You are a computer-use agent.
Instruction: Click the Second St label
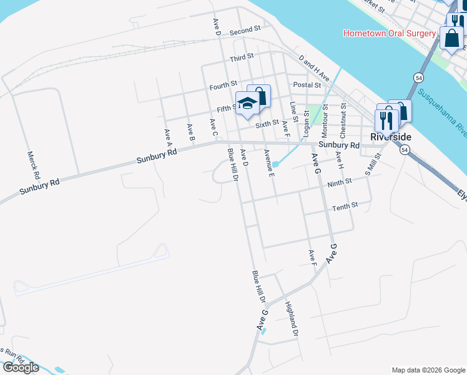(244, 30)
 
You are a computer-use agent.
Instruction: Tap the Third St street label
(242, 58)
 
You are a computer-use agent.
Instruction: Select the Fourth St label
(224, 84)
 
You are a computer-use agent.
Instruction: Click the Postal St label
(307, 85)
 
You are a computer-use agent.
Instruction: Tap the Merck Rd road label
(33, 164)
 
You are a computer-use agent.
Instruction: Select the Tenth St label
(345, 206)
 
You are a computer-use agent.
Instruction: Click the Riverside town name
(391, 136)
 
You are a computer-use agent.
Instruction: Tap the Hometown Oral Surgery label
(388, 33)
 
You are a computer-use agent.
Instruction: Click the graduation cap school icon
(247, 103)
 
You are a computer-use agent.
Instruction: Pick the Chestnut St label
(343, 122)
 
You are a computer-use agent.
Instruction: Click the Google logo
(20, 367)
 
